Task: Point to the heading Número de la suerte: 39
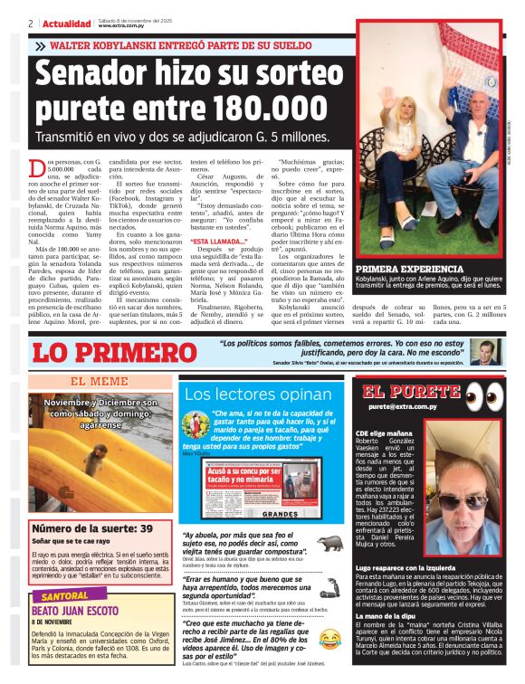[x=92, y=528]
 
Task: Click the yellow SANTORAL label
[x=64, y=596]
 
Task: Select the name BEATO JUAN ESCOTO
[x=72, y=611]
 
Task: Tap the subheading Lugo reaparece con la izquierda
[x=411, y=566]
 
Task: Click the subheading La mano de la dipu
[x=388, y=616]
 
